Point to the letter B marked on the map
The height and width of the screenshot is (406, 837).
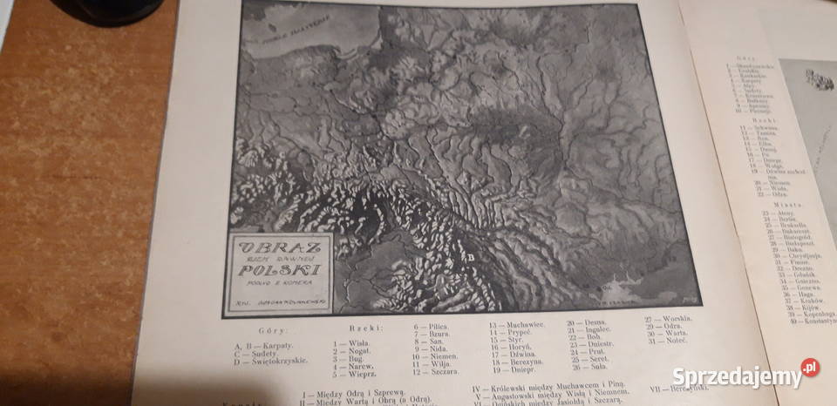click(472, 257)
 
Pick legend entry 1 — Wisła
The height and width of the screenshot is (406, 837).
click(352, 342)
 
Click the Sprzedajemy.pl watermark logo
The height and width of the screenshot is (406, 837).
click(746, 376)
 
